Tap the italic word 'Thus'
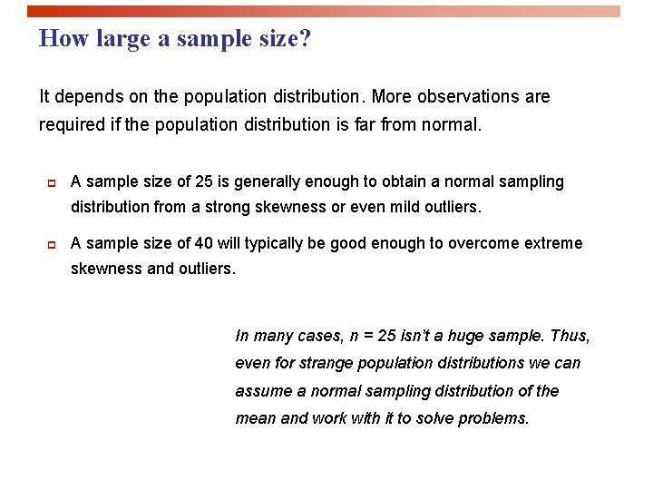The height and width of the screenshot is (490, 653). [x=570, y=336]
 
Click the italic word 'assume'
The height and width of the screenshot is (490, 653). [x=264, y=391]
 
